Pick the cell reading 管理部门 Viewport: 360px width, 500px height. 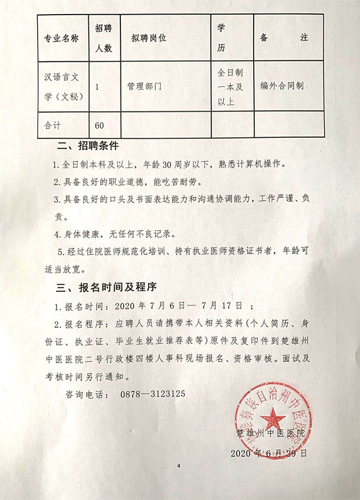[x=145, y=87]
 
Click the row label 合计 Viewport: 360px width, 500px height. [x=53, y=123]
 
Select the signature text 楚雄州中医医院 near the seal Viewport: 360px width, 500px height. [x=271, y=434]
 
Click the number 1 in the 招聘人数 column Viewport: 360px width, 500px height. [x=98, y=87]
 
